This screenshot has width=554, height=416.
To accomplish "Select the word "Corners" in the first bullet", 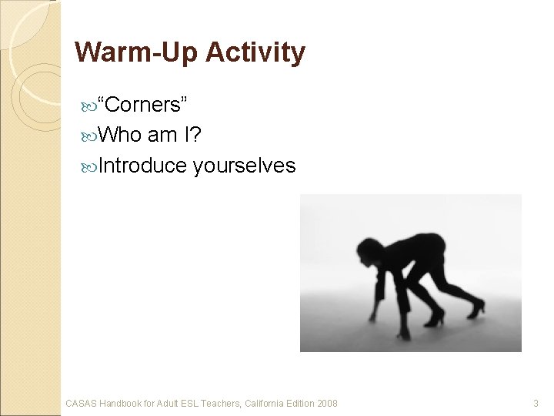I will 148,103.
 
